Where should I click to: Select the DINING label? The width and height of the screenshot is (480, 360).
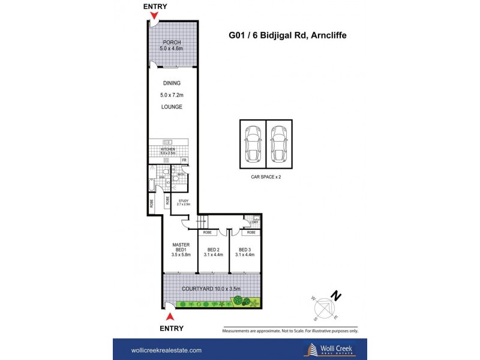pos(171,83)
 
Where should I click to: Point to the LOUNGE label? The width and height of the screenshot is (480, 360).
pos(171,107)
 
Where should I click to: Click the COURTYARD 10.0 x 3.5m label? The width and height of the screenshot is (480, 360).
pos(211,289)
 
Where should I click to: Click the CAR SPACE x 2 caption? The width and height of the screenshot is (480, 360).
pos(266,178)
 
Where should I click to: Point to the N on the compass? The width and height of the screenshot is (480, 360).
pos(338,295)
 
